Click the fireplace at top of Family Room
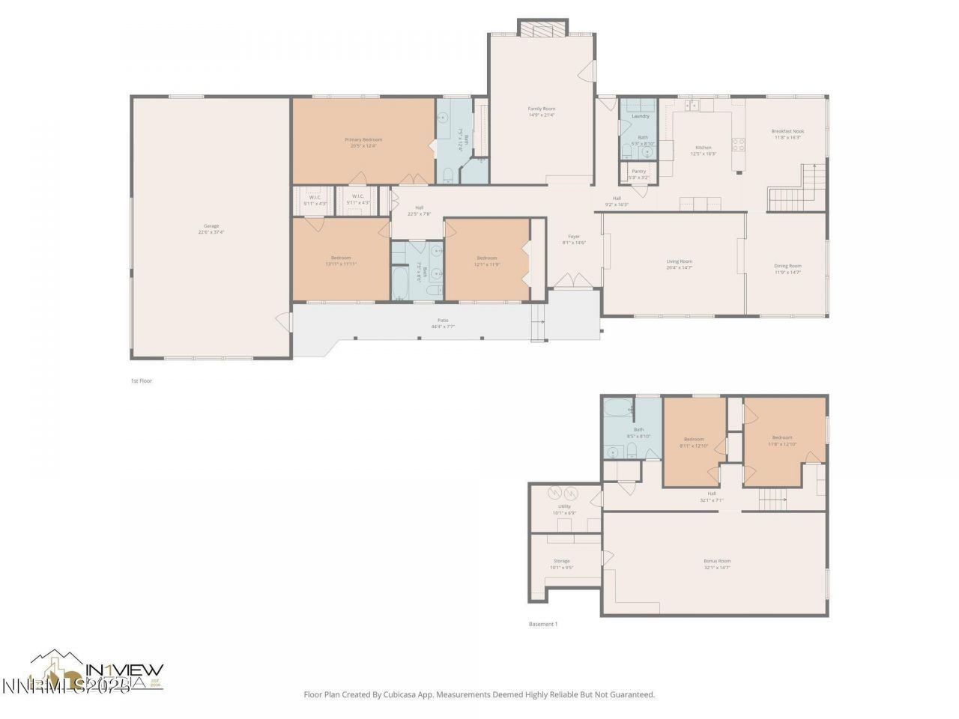pos(542,28)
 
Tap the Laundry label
pos(640,116)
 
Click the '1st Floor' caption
pos(142,381)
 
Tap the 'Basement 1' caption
pos(543,624)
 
